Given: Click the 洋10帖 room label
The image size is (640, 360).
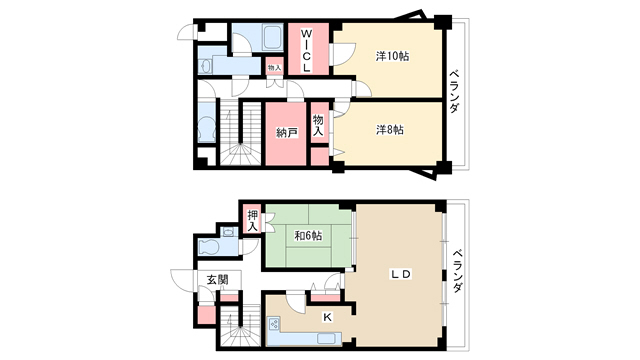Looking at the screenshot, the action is (x=392, y=56).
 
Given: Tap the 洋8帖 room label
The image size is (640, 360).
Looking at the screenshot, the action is (x=390, y=130).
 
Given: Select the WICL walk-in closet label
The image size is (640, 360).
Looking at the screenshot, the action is (x=306, y=51).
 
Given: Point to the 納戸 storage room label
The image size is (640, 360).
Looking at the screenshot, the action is (x=287, y=133).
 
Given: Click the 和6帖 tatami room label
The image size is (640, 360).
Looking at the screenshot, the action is (x=308, y=236).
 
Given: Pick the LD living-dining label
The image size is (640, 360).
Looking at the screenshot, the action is (x=401, y=274).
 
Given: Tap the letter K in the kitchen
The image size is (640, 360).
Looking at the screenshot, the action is (x=327, y=317).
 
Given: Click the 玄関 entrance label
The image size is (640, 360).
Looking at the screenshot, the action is (x=217, y=280).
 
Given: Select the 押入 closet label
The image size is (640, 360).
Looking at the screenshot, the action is (x=253, y=221).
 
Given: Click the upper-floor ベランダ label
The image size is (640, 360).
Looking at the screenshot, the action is (x=454, y=92).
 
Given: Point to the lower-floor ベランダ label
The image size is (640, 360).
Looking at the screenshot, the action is (x=458, y=270).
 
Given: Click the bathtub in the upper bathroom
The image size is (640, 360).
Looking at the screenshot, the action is (x=273, y=38).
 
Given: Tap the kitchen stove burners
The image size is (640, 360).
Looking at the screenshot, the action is (x=274, y=324).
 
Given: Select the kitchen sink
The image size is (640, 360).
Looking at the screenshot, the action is (x=329, y=339).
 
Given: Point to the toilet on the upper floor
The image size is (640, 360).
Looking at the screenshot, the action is (x=206, y=129).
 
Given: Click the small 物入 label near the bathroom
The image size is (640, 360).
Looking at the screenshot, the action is (x=275, y=68).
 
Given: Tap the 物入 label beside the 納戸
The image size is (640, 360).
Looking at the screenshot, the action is (x=318, y=126).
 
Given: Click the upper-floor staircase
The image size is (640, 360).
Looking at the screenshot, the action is (x=240, y=133).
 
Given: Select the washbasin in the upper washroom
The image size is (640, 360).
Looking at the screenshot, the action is (x=205, y=66).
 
